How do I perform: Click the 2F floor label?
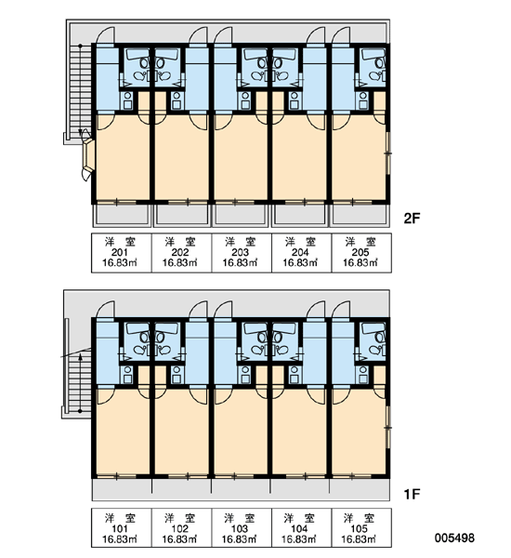[x=412, y=219]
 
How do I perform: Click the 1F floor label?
[x=412, y=494]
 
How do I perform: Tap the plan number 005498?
[x=454, y=538]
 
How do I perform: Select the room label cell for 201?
[x=122, y=253]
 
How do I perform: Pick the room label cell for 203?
[x=242, y=253]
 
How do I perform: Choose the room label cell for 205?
[x=361, y=253]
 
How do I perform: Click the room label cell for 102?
[x=182, y=527]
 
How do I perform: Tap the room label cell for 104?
[x=302, y=527]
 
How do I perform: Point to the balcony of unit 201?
[x=122, y=216]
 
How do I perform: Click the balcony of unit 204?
[x=299, y=216]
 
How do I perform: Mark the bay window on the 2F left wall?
[x=88, y=155]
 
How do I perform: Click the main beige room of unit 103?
[x=241, y=432]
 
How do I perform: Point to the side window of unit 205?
[x=388, y=153]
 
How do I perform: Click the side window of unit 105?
[x=388, y=428]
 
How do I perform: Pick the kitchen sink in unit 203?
[x=245, y=101]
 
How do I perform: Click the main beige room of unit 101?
[x=123, y=432]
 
